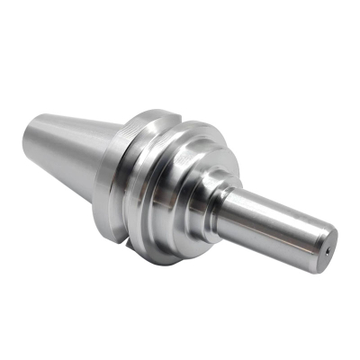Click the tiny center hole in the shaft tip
(329, 250)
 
